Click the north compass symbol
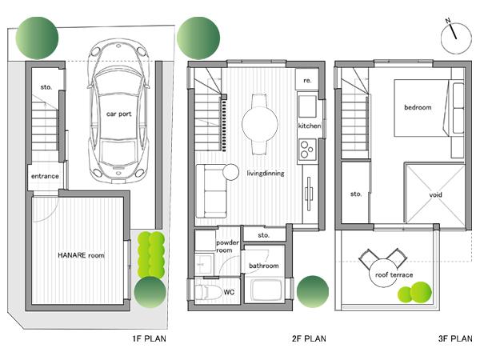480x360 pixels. pyautogui.click(x=454, y=31)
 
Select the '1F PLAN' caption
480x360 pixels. pyautogui.click(x=149, y=338)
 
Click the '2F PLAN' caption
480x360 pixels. pyautogui.click(x=309, y=338)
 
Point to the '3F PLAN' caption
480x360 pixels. pyautogui.click(x=455, y=338)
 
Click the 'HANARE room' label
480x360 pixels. pyautogui.click(x=81, y=255)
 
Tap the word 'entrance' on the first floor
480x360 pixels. pyautogui.click(x=43, y=176)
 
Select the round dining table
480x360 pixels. pyautogui.click(x=260, y=124)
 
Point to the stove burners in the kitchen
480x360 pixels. pyautogui.click(x=308, y=149)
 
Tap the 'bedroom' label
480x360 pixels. pyautogui.click(x=417, y=107)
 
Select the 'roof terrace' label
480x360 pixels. pyautogui.click(x=394, y=274)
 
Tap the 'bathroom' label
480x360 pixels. pyautogui.click(x=263, y=266)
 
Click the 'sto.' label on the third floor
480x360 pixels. pyautogui.click(x=356, y=194)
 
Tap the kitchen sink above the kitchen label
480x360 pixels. pyautogui.click(x=308, y=106)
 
